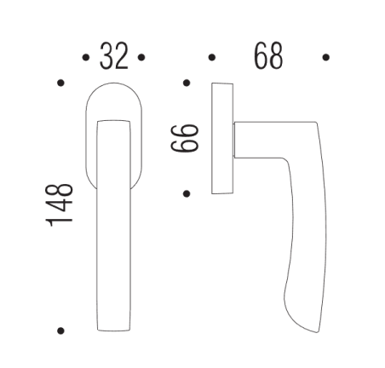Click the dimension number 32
click(x=113, y=56)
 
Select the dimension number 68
click(x=268, y=56)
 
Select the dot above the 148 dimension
click(x=60, y=83)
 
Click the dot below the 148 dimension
click(x=60, y=330)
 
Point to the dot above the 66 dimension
click(x=186, y=83)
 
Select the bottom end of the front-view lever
click(x=113, y=326)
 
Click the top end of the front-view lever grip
click(x=113, y=124)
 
